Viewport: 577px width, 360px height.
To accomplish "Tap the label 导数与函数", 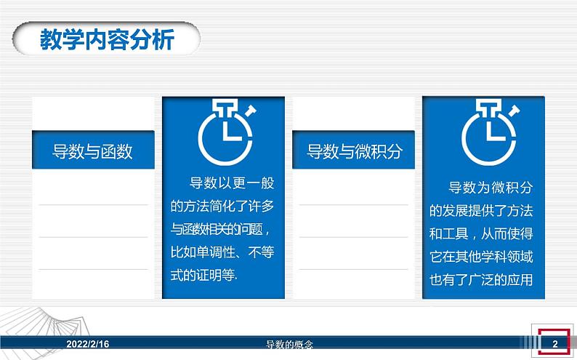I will (93, 151).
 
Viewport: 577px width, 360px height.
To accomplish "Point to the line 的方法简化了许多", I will (222, 207).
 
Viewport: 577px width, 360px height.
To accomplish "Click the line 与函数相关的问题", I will (222, 230).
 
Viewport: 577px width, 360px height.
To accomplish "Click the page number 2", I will (555, 343).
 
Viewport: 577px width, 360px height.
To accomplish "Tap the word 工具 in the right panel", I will (456, 234).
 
